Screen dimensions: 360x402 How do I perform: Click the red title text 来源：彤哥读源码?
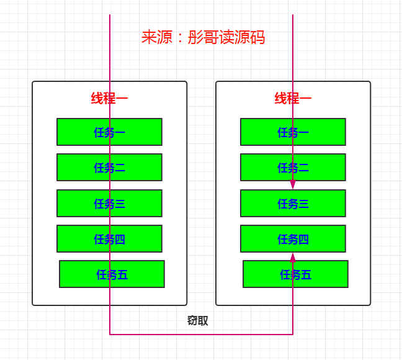pyautogui.click(x=203, y=38)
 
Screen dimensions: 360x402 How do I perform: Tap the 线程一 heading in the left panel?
pyautogui.click(x=110, y=98)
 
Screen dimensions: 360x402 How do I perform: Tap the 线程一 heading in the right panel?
pyautogui.click(x=293, y=98)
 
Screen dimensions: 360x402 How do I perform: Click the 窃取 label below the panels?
pyautogui.click(x=198, y=321)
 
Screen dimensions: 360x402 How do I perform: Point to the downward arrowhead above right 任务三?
pyautogui.click(x=293, y=185)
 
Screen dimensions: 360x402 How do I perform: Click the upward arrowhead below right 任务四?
pyautogui.click(x=293, y=257)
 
